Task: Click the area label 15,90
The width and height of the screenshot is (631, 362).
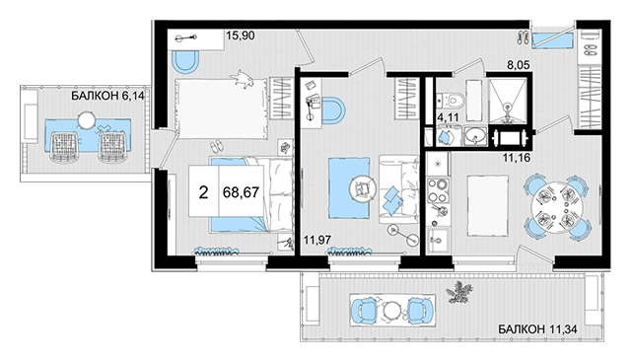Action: coord(241,36)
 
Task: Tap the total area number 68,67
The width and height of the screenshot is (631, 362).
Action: coord(241,192)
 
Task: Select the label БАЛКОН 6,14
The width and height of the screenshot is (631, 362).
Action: coord(107,96)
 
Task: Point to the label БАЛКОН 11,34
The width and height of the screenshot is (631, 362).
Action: coord(537,329)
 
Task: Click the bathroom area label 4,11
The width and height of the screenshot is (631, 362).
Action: coord(449,117)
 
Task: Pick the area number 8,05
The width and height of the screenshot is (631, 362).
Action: coord(519,65)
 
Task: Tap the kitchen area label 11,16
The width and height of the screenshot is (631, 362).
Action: coord(517,158)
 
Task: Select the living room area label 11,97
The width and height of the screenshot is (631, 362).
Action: coord(317,241)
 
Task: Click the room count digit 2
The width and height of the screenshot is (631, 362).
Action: coord(204,193)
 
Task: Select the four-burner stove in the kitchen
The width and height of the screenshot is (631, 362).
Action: coord(438,190)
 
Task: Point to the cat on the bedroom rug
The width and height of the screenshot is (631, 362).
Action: coord(243,78)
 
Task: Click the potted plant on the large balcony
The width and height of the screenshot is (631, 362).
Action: coord(458,292)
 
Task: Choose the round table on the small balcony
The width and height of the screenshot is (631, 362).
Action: coord(87,120)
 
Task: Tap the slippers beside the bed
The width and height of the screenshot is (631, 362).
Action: coord(217,146)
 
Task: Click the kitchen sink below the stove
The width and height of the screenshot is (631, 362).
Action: coord(438,240)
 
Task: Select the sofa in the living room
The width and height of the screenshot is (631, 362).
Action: coord(398,189)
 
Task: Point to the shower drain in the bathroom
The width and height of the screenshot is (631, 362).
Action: coord(508,108)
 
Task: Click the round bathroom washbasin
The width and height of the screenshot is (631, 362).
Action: coord(475,136)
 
